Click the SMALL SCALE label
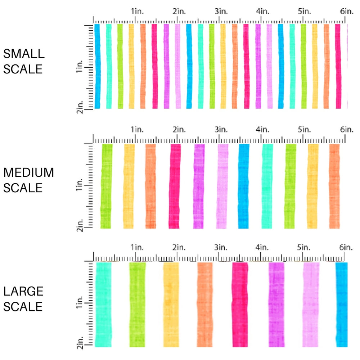pyautogui.click(x=24, y=61)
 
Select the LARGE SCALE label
pyautogui.click(x=24, y=299)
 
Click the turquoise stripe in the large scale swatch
pyautogui.click(x=104, y=304)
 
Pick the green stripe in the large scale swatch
pyautogui.click(x=138, y=304)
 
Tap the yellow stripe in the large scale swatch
pyautogui.click(x=171, y=304)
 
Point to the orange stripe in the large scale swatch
pyautogui.click(x=204, y=304)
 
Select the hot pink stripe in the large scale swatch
pyautogui.click(x=240, y=304)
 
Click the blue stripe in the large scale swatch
pyautogui.click(x=342, y=304)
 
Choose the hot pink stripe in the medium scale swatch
pyautogui.click(x=175, y=186)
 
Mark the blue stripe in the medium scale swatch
pyautogui.click(x=244, y=186)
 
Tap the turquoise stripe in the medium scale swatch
pyautogui.click(x=267, y=186)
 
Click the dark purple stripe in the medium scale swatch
pyautogui.click(x=199, y=186)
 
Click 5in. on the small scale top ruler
pyautogui.click(x=304, y=12)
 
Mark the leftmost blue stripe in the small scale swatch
pyautogui.click(x=97, y=66)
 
